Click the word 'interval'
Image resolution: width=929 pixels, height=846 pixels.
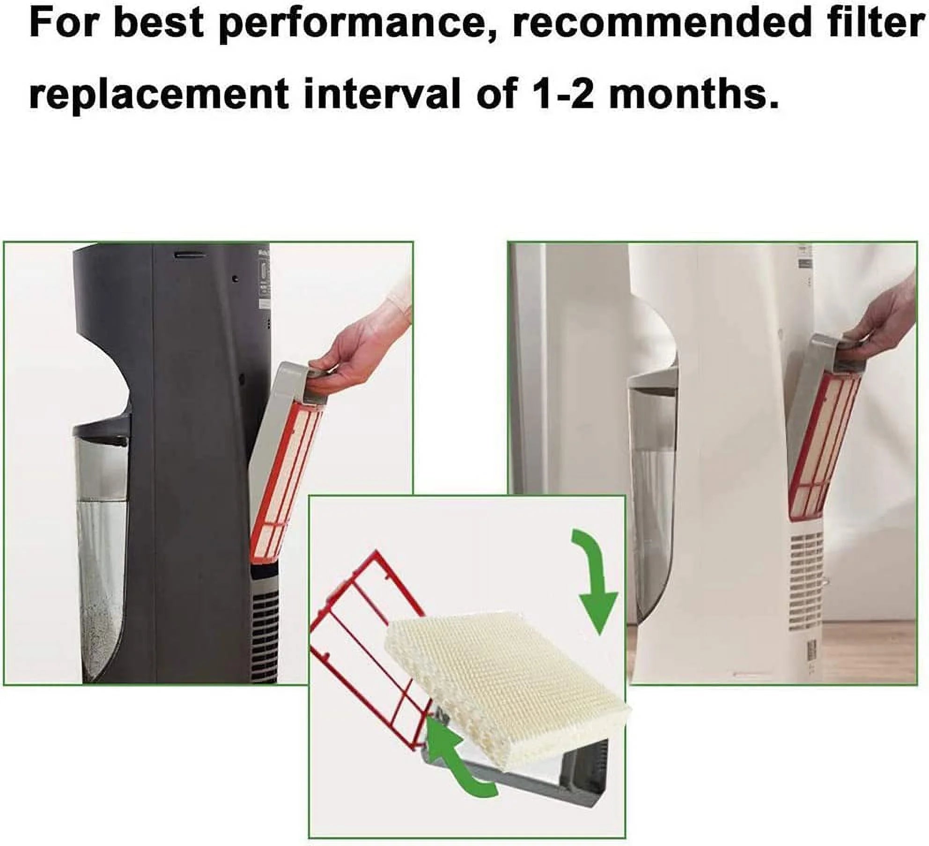pos(381,93)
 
